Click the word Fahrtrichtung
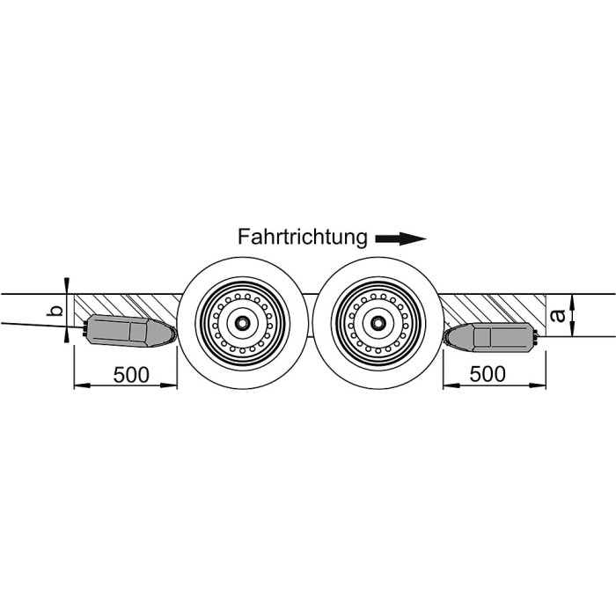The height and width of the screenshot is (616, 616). pyautogui.click(x=303, y=238)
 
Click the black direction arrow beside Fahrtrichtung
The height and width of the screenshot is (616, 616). pyautogui.click(x=400, y=238)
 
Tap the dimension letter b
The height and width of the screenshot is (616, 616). pyautogui.click(x=55, y=311)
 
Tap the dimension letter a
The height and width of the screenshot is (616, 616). pyautogui.click(x=558, y=315)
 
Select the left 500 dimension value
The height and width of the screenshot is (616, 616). pyautogui.click(x=131, y=375)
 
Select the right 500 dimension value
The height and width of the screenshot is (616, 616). pyautogui.click(x=488, y=374)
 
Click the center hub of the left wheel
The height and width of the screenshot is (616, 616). pyautogui.click(x=242, y=323)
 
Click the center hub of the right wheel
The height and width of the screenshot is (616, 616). pyautogui.click(x=378, y=323)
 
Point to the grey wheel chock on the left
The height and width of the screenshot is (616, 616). pyautogui.click(x=129, y=331)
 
